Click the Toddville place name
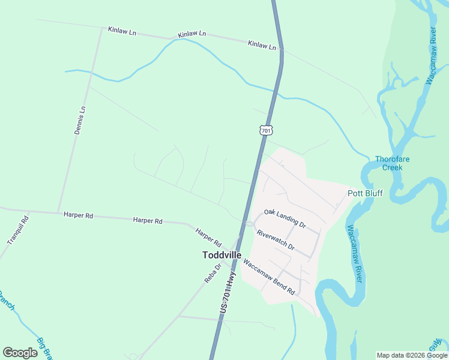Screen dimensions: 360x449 coord(221,255)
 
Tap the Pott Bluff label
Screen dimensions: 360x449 coord(365,193)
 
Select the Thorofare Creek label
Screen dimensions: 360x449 coord(393,163)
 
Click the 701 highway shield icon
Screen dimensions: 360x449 coord(267,130)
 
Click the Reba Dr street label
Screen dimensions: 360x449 coord(212,273)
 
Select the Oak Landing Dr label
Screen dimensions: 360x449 coord(285,218)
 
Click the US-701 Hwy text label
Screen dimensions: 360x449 coord(228,292)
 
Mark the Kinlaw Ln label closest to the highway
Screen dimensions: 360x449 coord(262,44)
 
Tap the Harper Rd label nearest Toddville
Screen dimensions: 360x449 coord(208,238)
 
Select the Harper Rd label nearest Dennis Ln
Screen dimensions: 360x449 coord(78,215)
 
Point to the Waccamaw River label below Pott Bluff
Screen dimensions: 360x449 coord(355,254)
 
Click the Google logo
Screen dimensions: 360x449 coord(20,353)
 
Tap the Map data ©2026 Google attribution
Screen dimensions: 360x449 coord(412,355)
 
